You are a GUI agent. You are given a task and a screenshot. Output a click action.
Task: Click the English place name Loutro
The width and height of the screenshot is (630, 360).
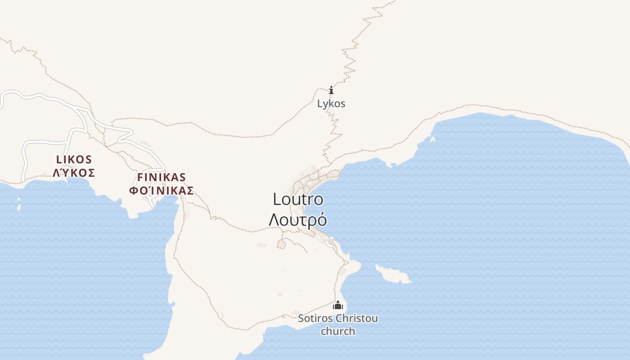click(298, 199)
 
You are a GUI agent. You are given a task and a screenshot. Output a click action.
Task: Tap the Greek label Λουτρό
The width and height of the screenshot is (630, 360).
click(298, 220)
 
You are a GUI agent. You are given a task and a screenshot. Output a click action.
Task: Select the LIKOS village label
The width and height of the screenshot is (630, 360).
click(74, 159)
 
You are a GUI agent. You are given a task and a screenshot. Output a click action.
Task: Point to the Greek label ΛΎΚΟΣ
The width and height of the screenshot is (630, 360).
click(74, 173)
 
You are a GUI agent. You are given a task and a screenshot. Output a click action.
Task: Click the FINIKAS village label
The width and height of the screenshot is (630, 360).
click(162, 177)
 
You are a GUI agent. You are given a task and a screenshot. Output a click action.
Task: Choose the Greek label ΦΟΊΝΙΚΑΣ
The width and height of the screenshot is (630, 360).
click(162, 190)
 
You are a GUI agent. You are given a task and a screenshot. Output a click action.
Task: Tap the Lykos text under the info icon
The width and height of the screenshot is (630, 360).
click(331, 103)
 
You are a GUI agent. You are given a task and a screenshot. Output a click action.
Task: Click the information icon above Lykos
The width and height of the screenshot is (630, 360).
click(331, 90)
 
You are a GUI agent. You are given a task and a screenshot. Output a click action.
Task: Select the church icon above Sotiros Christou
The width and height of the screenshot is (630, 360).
click(338, 306)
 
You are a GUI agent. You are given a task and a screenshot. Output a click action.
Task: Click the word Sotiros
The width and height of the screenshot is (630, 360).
click(315, 319)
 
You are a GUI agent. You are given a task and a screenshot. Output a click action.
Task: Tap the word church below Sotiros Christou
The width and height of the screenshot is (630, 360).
click(338, 332)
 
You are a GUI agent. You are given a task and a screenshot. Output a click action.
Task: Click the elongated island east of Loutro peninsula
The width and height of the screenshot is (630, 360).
click(392, 274)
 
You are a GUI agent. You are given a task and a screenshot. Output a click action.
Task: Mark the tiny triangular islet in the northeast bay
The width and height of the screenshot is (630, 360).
click(433, 139)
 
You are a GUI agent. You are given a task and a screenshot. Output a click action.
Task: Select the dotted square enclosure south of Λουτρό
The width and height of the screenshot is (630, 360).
click(282, 244)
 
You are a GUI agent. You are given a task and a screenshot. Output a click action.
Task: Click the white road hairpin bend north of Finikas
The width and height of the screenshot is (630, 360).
click(130, 132)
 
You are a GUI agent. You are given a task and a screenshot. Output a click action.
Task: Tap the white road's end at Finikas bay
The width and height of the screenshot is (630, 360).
click(154, 206)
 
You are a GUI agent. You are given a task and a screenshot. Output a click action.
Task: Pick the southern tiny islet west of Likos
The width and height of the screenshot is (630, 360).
click(19, 208)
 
